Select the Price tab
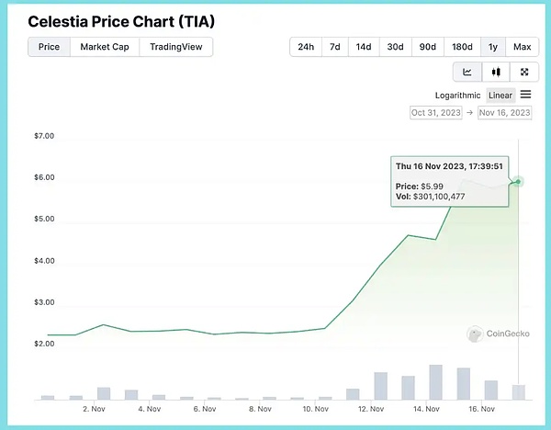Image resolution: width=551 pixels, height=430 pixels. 50,47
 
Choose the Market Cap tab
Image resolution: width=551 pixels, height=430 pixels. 105,47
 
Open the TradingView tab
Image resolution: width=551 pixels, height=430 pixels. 176,47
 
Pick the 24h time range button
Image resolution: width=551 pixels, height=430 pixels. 306,47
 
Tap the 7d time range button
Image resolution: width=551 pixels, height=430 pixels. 336,47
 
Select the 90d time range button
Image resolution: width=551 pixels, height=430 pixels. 428,47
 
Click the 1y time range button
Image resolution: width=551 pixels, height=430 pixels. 493,47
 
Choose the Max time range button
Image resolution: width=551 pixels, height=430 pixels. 522,47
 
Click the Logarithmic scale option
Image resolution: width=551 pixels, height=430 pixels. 457,96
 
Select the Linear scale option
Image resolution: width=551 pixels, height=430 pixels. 500,96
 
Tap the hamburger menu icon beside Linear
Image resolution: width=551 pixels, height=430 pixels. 526,95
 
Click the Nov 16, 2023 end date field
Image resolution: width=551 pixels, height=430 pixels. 504,113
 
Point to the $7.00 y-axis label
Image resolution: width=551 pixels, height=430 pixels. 43,136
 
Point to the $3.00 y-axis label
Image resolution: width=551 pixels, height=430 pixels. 43,302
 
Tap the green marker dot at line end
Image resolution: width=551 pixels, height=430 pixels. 519,181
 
